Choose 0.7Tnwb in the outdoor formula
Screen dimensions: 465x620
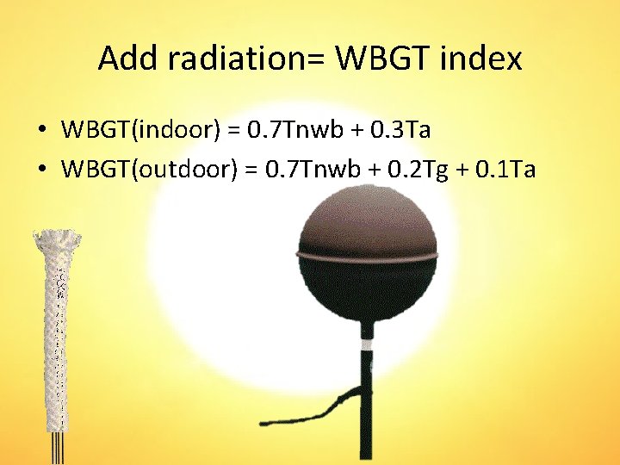[x=307, y=170]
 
